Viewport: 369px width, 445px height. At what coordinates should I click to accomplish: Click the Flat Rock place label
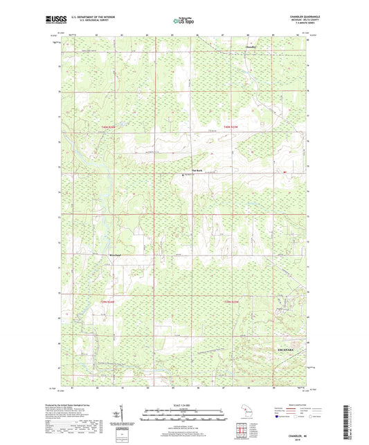click(196, 170)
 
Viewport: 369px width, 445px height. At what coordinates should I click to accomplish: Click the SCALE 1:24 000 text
click(184, 404)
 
